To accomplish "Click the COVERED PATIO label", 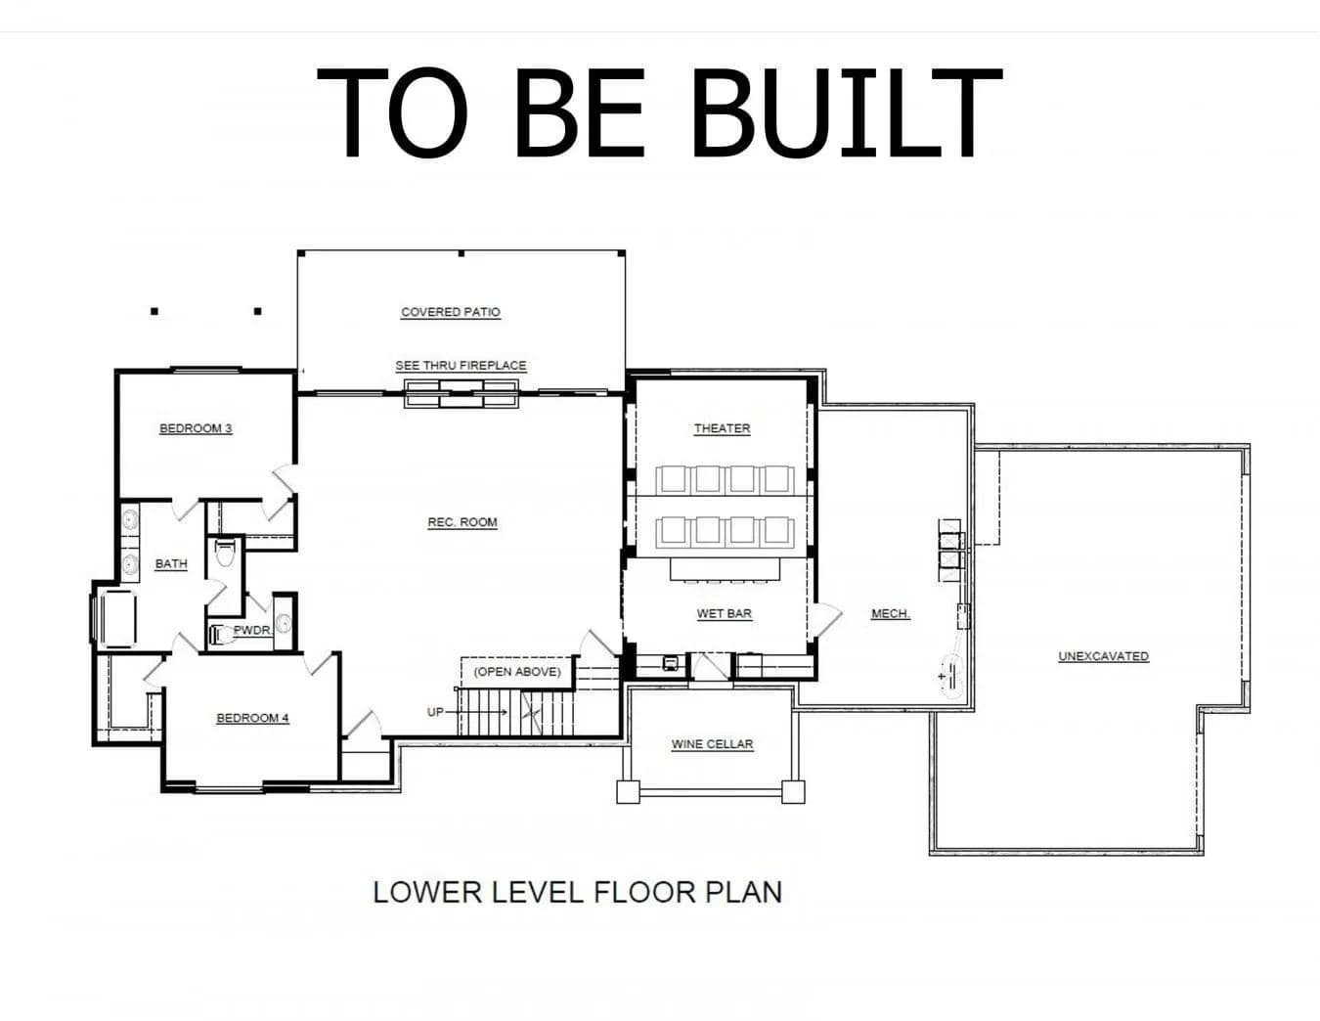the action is [451, 312].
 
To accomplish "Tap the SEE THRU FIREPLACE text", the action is [462, 366].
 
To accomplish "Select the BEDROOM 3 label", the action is [196, 428].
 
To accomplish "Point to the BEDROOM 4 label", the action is [252, 718].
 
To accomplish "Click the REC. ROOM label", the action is [462, 522].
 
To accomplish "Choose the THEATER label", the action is [723, 428].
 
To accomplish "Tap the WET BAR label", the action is [725, 613].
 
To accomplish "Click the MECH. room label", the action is [891, 614].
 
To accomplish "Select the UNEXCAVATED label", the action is [1103, 656].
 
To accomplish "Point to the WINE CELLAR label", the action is [712, 744].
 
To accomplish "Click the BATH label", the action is [171, 564].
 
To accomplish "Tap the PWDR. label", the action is [253, 631].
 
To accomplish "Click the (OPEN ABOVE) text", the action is [517, 672].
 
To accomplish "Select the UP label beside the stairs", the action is [435, 712].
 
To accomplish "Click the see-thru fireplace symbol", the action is [462, 394].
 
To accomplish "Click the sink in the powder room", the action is [284, 623].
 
